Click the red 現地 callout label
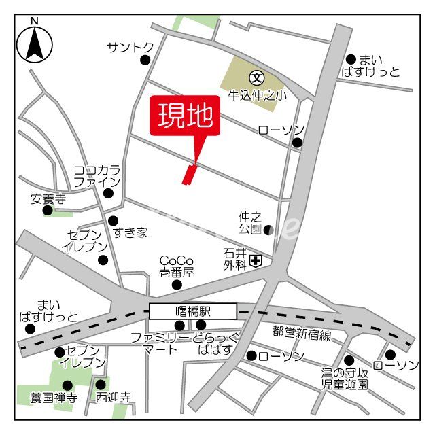point(185,116)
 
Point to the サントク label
point(130,47)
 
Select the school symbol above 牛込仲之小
point(256,76)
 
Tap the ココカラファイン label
point(97,175)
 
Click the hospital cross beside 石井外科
point(256,260)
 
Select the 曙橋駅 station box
point(193,311)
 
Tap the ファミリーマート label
point(162,343)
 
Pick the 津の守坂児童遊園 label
point(345,379)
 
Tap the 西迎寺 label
point(113,398)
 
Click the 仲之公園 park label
point(249,222)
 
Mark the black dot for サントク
point(145,60)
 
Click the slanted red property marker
point(189,174)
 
